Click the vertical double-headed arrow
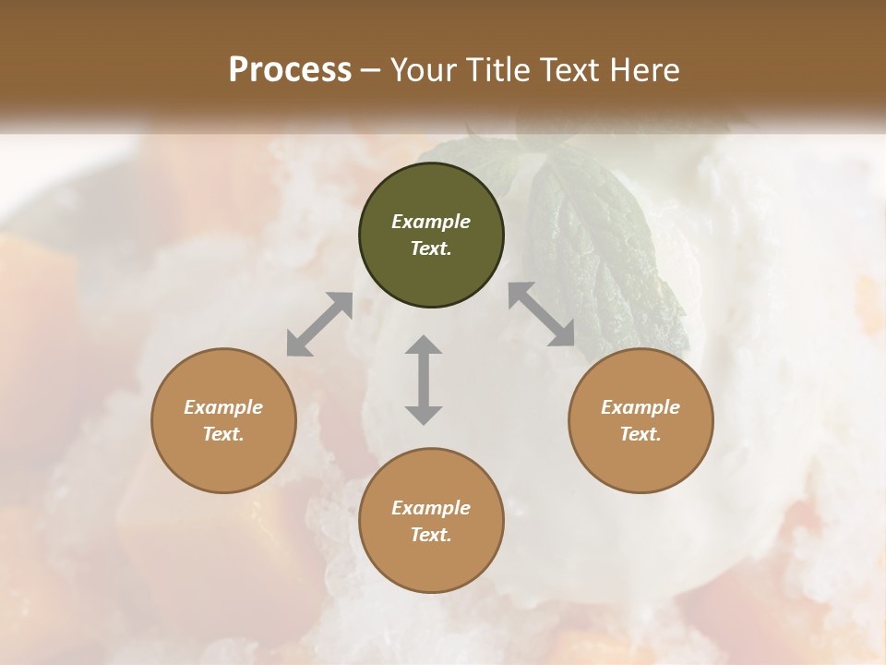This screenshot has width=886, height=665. tap(424, 380)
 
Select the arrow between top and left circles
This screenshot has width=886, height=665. tap(319, 324)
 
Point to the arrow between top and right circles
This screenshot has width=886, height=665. tap(542, 314)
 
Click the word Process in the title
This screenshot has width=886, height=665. tap(290, 69)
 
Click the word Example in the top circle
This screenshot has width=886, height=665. tap(431, 222)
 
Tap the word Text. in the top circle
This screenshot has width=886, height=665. tap(431, 248)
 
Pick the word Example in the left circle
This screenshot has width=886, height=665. tap(223, 407)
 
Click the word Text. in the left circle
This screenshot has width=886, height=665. tap(223, 434)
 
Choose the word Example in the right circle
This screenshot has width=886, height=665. tap(641, 407)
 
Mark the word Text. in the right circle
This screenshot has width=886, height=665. tap(641, 434)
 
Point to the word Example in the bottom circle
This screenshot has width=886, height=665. tap(431, 508)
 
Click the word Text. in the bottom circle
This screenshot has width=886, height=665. tap(431, 535)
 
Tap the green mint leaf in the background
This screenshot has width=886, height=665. tap(605, 249)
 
